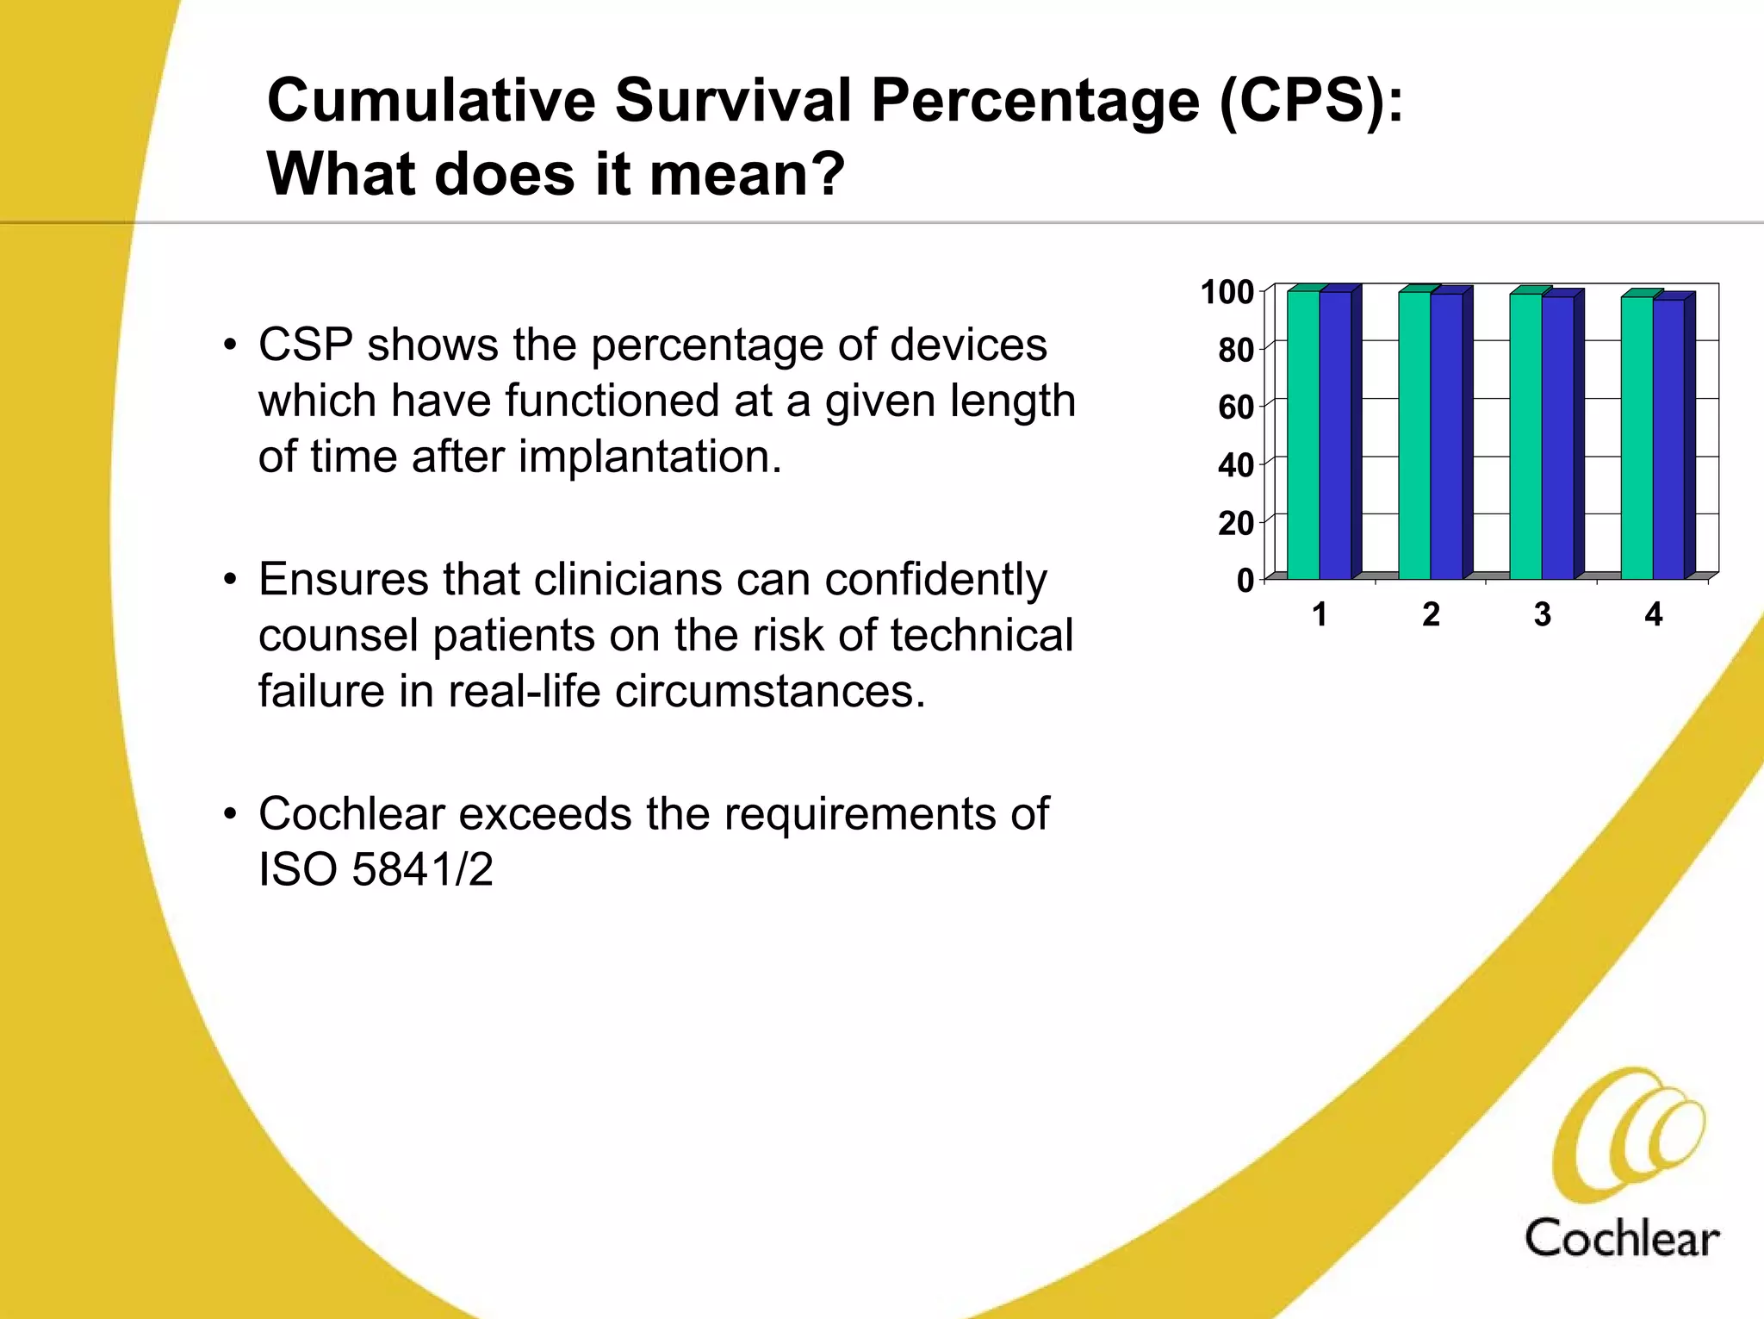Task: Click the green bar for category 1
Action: pyautogui.click(x=1302, y=435)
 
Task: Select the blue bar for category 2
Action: pyautogui.click(x=1446, y=436)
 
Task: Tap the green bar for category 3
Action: pyautogui.click(x=1525, y=436)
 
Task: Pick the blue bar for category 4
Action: pyautogui.click(x=1668, y=439)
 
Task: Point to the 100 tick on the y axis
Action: pyautogui.click(x=1227, y=292)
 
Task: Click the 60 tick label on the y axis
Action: pyautogui.click(x=1235, y=408)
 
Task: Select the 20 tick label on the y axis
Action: pyautogui.click(x=1235, y=523)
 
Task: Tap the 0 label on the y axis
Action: pyautogui.click(x=1245, y=581)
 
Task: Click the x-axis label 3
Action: pyautogui.click(x=1542, y=615)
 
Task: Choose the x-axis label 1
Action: pyautogui.click(x=1319, y=615)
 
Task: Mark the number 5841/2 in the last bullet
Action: pyautogui.click(x=422, y=868)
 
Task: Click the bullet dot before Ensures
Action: pyautogui.click(x=229, y=580)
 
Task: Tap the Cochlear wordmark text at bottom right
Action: pyautogui.click(x=1621, y=1239)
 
